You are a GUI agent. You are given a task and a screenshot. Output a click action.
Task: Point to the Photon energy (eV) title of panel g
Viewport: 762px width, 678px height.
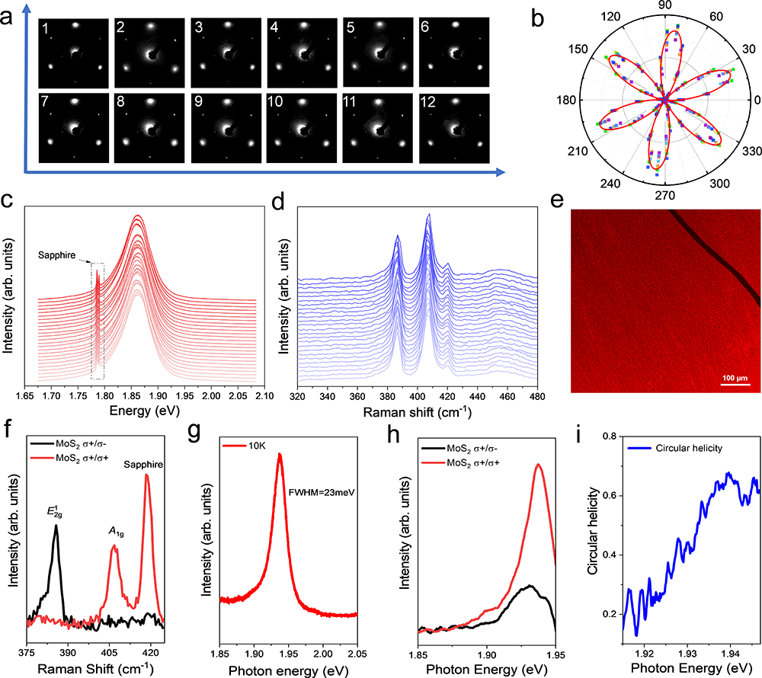[295, 670]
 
